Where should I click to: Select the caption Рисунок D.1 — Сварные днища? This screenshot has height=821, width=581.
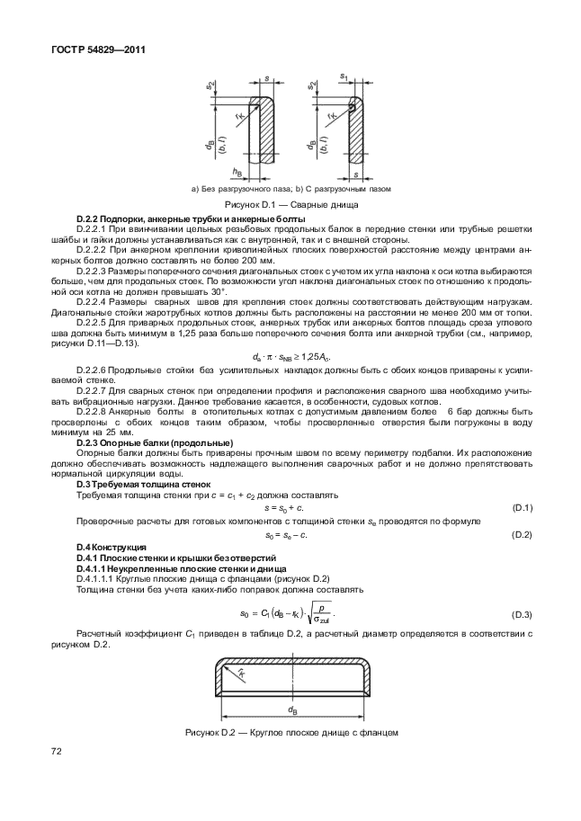tap(290, 206)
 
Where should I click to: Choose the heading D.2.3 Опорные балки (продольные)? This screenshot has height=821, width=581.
tap(155, 443)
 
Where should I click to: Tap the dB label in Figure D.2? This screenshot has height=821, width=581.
tap(292, 709)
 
